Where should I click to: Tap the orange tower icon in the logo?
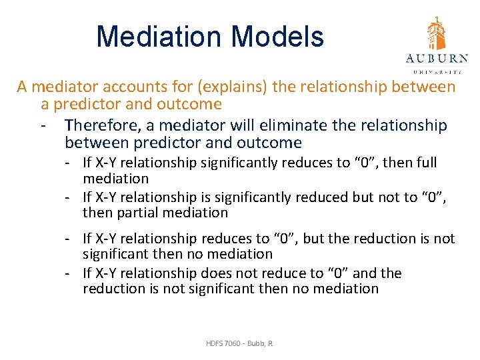coord(437,33)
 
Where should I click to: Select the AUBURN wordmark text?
coord(437,57)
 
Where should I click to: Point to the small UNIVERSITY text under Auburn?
coord(437,70)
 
